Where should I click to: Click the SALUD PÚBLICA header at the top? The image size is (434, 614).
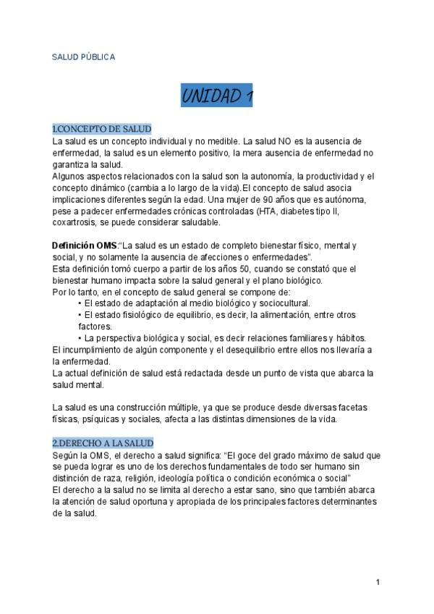(x=83, y=56)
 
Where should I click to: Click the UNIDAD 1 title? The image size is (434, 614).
(x=216, y=96)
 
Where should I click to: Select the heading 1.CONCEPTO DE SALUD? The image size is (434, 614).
(x=102, y=129)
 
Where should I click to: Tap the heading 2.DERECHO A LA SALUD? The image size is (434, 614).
(x=103, y=442)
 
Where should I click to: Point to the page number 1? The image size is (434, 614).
(x=378, y=581)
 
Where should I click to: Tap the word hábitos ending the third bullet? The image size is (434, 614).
(x=350, y=338)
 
